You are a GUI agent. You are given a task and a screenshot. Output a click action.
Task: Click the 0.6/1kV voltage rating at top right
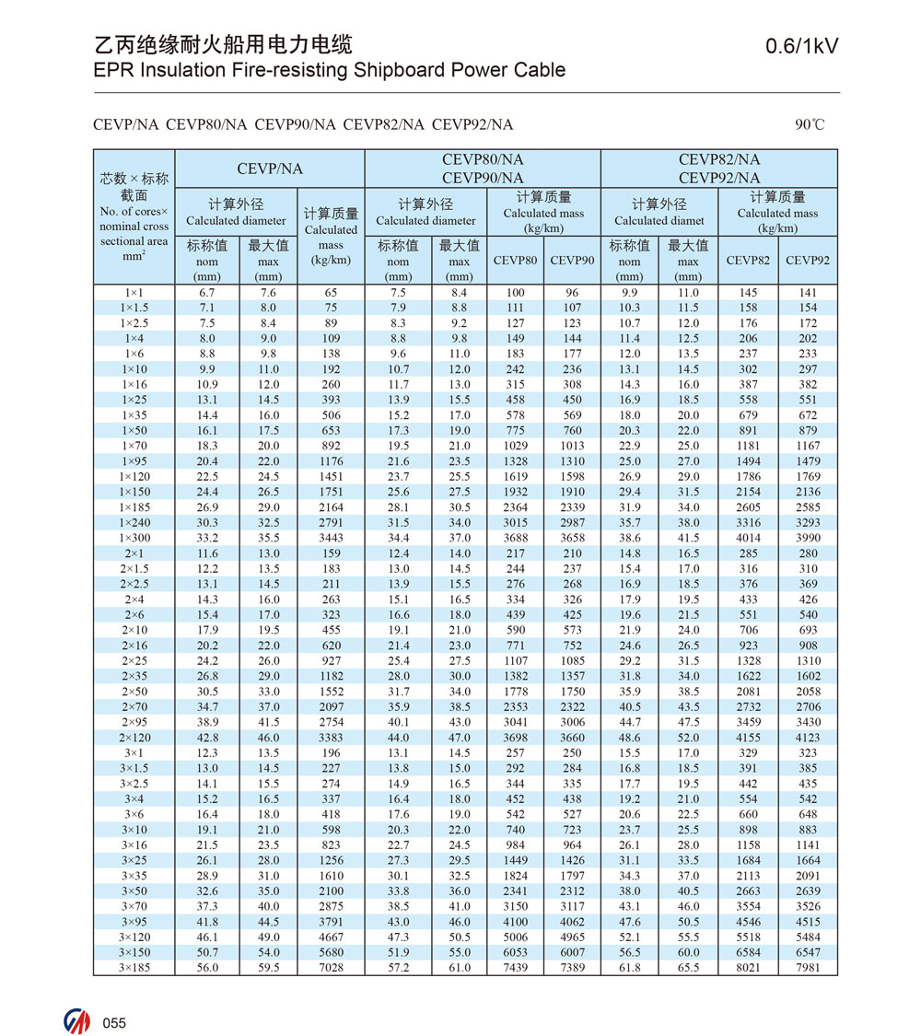point(802,47)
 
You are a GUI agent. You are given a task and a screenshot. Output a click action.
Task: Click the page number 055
point(114,1023)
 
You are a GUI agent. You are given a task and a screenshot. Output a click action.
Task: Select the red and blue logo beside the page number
point(77,1022)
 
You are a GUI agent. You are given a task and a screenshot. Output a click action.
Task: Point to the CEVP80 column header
point(515,261)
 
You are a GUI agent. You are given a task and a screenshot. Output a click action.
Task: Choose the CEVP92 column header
point(808,261)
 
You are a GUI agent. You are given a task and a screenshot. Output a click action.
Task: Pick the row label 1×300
point(134,538)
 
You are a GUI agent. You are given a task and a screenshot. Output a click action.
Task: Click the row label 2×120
point(134,738)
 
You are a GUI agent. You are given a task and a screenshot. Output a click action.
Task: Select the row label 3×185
point(134,968)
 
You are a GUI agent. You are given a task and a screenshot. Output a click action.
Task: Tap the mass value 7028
point(331,968)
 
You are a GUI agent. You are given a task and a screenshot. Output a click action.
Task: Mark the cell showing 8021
point(749,968)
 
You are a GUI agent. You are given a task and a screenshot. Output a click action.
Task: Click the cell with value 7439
point(515,968)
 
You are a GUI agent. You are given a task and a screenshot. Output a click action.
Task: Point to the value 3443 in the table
point(331,538)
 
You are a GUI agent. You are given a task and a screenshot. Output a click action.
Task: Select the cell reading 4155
point(749,738)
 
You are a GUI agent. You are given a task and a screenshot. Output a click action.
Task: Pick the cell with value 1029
point(515,446)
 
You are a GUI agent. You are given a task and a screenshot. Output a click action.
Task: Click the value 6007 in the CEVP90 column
point(572,952)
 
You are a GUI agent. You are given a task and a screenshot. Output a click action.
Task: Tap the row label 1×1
point(134,293)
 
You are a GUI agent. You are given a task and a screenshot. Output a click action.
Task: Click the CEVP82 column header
point(749,261)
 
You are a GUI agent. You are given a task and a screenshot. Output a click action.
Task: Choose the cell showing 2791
point(331,523)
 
